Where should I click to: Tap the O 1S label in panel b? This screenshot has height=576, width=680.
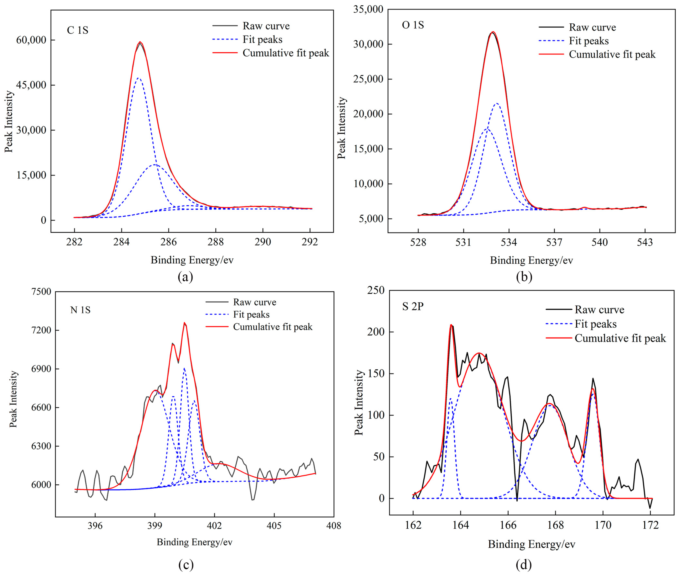click(413, 25)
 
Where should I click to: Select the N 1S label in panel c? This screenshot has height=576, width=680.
click(80, 310)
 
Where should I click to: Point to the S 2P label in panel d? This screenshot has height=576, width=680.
click(413, 306)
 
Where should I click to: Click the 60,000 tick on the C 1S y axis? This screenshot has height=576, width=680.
click(31, 40)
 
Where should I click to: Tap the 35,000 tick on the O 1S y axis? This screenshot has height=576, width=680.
click(368, 9)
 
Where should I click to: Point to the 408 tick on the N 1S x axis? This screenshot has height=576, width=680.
click(333, 525)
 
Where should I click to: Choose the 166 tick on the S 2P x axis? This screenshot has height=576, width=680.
click(508, 525)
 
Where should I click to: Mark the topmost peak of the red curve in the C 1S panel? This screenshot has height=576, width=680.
click(140, 42)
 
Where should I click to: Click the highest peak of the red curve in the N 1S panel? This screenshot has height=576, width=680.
click(184, 323)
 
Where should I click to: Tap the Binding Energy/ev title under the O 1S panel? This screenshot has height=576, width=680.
click(531, 260)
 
